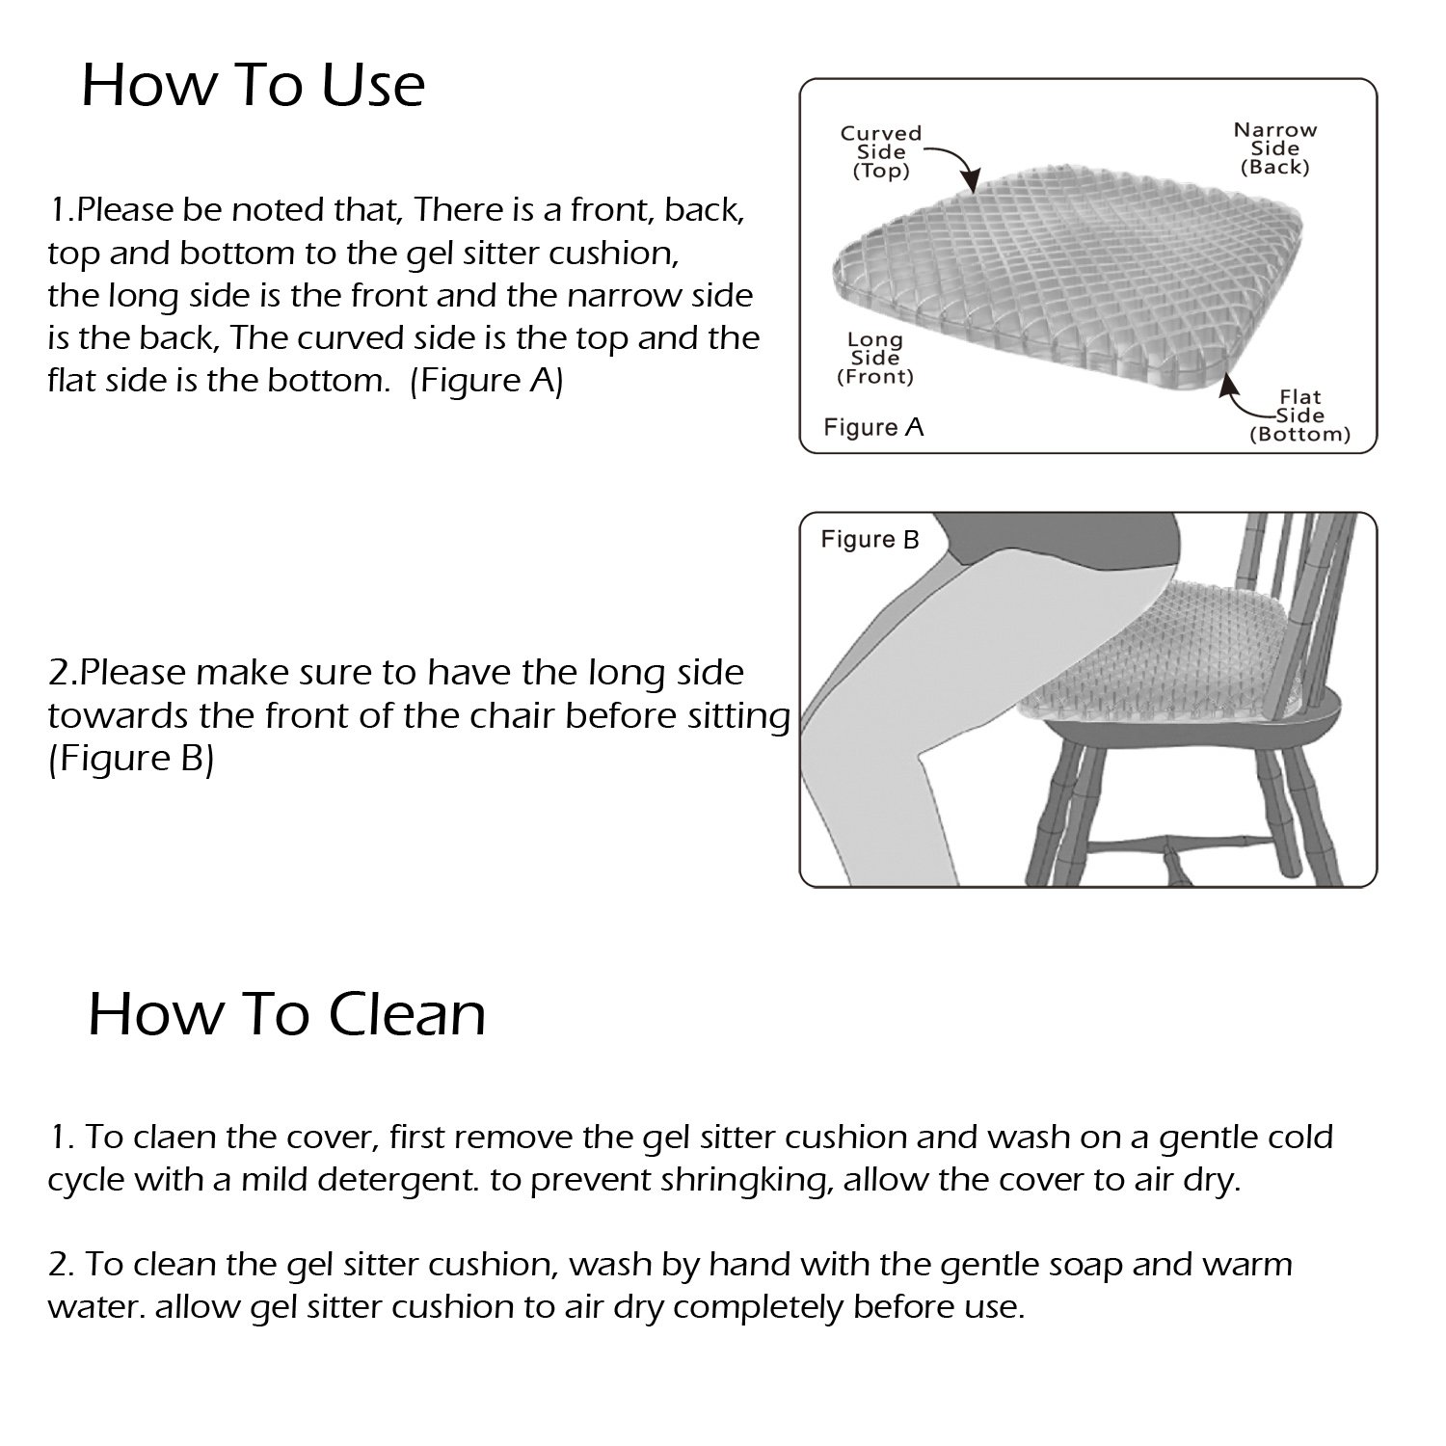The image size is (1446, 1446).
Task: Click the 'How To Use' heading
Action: click(x=253, y=85)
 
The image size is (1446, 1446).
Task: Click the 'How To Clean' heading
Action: click(x=286, y=1014)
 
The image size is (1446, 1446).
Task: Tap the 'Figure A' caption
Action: click(x=873, y=427)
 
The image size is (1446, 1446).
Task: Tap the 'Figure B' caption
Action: click(x=870, y=540)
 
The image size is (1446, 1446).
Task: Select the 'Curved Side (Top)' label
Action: click(x=880, y=152)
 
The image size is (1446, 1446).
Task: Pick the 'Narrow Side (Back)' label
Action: click(x=1274, y=148)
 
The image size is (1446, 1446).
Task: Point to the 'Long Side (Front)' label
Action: click(x=874, y=358)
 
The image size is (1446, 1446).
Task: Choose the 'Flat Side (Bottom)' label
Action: click(x=1299, y=415)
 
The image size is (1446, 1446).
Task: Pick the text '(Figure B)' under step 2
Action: click(x=130, y=760)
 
